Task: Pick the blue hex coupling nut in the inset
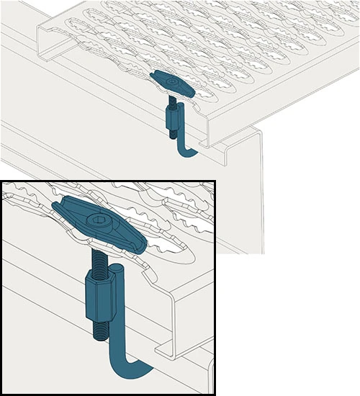[96, 291]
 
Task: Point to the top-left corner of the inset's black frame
[2, 181]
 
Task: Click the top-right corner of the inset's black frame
[214, 181]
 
